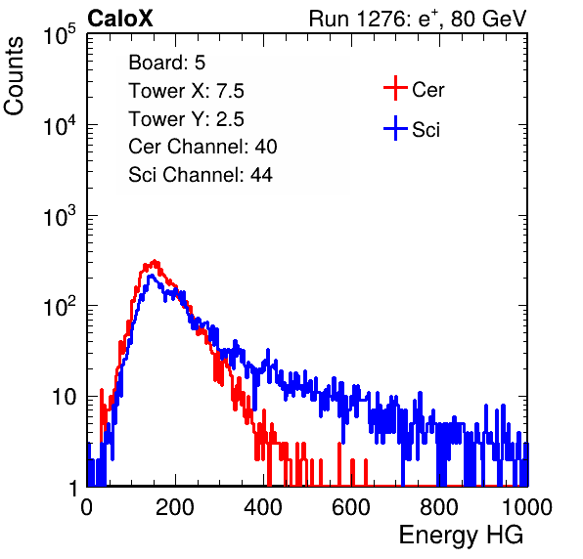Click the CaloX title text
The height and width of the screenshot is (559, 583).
(x=120, y=19)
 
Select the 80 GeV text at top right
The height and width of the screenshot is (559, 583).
(x=488, y=19)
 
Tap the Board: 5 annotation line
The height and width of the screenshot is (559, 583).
(x=167, y=63)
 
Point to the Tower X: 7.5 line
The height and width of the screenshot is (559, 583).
(x=186, y=91)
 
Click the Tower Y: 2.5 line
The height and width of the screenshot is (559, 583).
(x=186, y=119)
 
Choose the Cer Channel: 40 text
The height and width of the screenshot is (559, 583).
(x=202, y=147)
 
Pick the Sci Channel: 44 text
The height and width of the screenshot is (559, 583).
(x=201, y=175)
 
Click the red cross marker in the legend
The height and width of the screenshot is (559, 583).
(x=395, y=88)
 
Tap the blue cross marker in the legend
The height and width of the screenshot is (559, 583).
(x=395, y=128)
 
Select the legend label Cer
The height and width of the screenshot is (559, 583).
(x=427, y=90)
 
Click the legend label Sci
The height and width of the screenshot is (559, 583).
(x=426, y=130)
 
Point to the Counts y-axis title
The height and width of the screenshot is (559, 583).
(x=14, y=76)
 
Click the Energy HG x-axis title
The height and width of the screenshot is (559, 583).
(x=461, y=536)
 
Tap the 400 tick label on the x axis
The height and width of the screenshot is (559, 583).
(x=263, y=507)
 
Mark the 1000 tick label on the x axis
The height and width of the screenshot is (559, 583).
(x=527, y=507)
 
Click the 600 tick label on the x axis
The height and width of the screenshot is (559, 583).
(x=351, y=507)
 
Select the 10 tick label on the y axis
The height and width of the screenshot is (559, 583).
(x=65, y=397)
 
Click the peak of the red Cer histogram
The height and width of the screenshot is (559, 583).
(x=155, y=261)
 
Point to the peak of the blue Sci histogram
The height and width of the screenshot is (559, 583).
(x=151, y=276)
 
